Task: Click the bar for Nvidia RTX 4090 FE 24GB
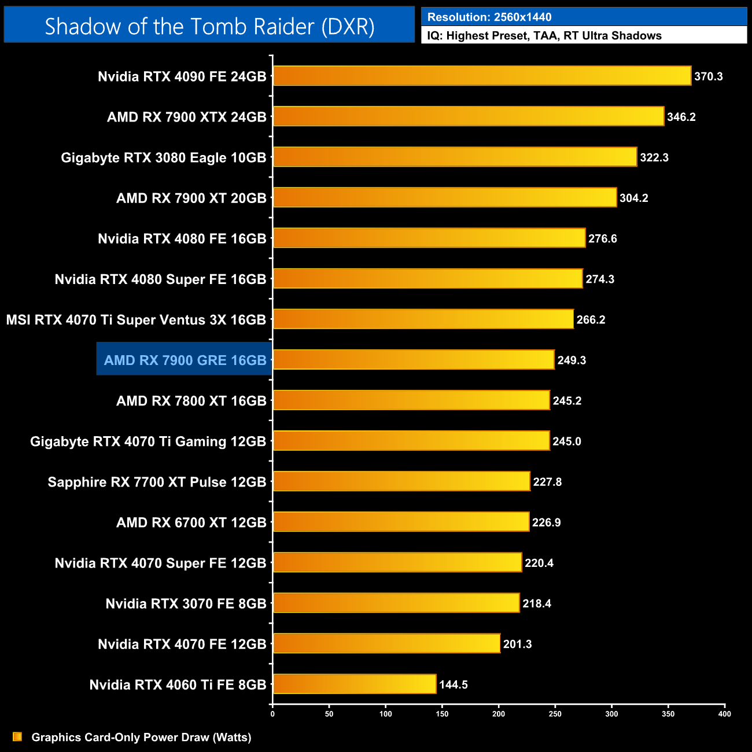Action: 482,76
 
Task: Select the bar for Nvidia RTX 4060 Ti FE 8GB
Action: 354,684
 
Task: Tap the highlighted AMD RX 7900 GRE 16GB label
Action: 185,360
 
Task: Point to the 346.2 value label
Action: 681,117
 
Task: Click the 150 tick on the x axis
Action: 442,714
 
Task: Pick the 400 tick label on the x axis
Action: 724,714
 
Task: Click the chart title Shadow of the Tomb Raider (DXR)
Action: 209,26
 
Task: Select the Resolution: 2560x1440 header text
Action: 489,17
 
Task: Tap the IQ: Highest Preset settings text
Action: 544,35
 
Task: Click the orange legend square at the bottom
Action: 17,736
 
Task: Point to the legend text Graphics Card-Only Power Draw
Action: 141,737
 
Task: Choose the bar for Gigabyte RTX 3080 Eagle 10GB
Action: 455,157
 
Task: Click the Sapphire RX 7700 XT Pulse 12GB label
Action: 157,482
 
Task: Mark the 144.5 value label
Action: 453,684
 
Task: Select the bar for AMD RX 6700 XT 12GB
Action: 401,522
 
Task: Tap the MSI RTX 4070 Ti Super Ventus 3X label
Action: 136,319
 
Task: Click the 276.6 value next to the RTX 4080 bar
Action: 602,238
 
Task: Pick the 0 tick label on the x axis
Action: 272,714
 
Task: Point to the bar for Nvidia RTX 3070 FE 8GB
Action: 396,603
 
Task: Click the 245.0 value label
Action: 566,441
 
